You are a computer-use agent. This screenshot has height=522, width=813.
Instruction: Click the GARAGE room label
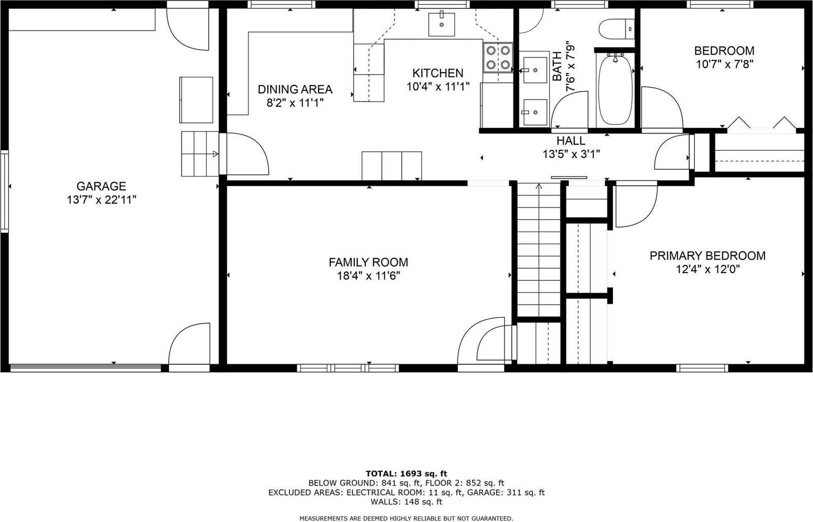[x=101, y=186]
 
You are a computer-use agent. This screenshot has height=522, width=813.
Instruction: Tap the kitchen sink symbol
[x=441, y=23]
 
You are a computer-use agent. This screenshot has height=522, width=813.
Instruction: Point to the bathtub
[x=615, y=89]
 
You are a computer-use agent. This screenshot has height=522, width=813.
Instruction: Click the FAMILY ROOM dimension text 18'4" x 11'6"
[x=368, y=276]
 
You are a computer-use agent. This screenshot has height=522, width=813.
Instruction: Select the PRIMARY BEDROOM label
[x=707, y=256]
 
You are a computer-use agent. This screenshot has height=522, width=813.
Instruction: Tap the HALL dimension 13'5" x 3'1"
[x=571, y=154]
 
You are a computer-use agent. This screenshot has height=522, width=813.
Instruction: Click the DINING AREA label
[x=295, y=90]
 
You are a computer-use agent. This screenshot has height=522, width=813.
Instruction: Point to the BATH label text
[x=557, y=67]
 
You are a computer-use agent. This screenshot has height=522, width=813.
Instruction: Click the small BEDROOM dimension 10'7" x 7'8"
[x=724, y=64]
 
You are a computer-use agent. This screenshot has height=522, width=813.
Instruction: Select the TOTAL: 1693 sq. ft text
[x=406, y=474]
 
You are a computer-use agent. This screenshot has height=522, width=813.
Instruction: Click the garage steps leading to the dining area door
[x=199, y=153]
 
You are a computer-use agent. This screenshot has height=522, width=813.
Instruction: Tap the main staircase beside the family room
[x=539, y=249]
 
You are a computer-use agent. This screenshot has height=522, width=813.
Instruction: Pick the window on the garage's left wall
[x=5, y=191]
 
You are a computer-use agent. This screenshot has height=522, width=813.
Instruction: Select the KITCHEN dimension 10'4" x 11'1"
[x=437, y=87]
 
